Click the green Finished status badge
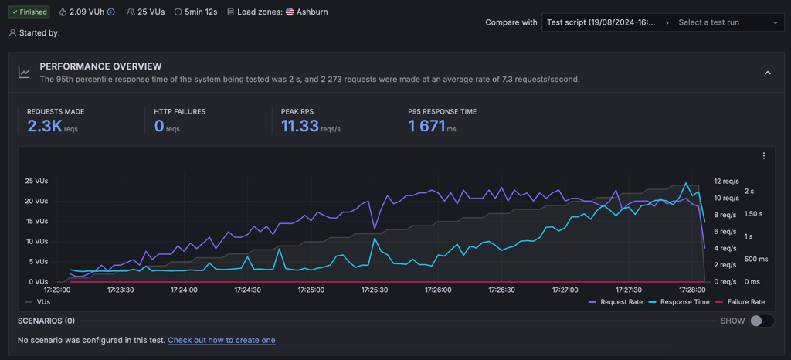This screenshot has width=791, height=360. point(29,12)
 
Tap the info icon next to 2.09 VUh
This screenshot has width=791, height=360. point(111,12)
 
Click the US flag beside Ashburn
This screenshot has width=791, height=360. point(290,12)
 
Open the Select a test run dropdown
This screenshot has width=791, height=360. point(727,22)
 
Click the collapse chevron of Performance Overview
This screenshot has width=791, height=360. point(768,73)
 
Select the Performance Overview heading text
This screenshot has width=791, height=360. point(100,66)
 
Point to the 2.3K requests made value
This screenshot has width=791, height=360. point(44,126)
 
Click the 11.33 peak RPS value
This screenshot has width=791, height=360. point(300,126)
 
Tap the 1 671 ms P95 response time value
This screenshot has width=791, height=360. point(426,126)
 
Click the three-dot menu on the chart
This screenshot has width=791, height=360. point(764,156)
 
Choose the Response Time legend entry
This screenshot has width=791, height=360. point(679,302)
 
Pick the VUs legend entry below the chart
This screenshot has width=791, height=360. point(37,302)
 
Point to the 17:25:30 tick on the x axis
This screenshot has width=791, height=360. point(375,290)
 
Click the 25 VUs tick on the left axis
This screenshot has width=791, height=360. point(36,181)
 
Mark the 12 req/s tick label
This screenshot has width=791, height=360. point(726,181)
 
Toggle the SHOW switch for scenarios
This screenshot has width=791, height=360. point(762,321)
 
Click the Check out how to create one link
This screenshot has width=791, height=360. point(222,341)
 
